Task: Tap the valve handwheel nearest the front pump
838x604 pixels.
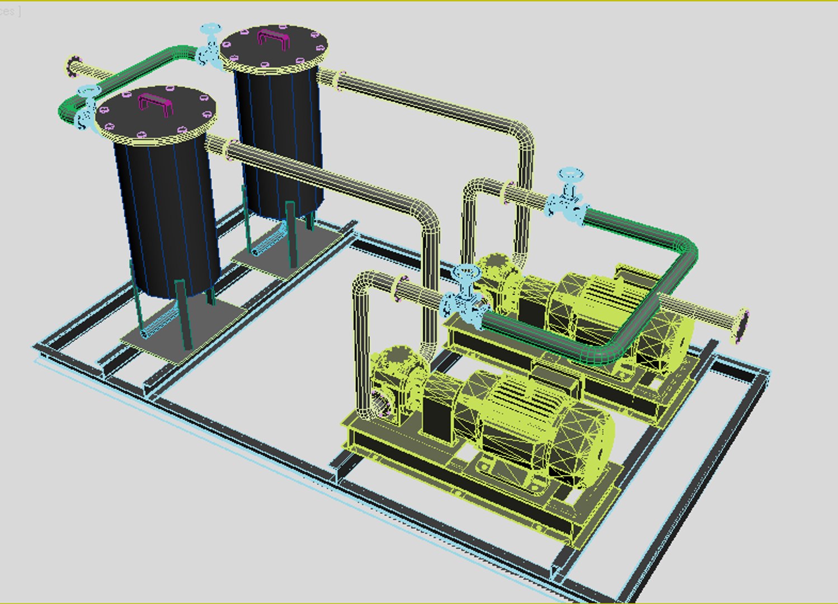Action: click(465, 274)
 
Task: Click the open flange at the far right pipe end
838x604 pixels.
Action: click(741, 325)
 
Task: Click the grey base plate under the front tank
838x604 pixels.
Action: click(185, 333)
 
